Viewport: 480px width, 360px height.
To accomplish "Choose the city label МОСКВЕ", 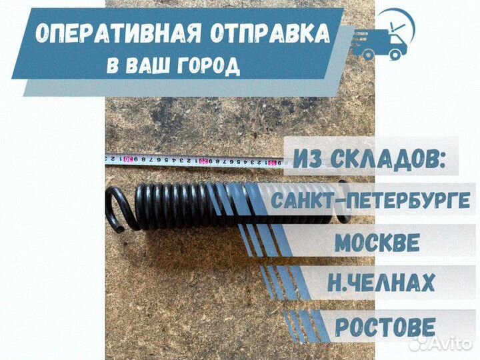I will pyautogui.click(x=377, y=242).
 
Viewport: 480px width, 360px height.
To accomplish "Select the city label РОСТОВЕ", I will pyautogui.click(x=385, y=327).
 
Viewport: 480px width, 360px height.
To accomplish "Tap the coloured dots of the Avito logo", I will pyautogui.click(x=417, y=343).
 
